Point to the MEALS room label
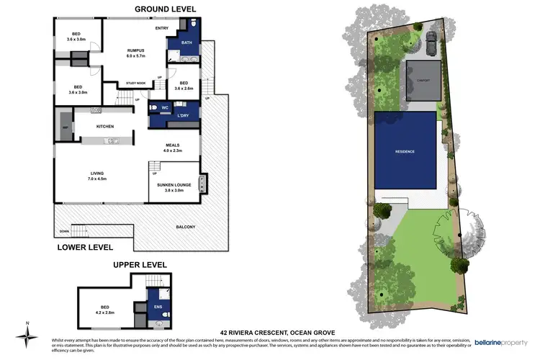[x=173, y=147]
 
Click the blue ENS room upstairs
[x=157, y=307]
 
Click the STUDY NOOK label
[x=135, y=84]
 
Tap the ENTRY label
[x=161, y=28]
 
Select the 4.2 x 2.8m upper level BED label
[x=105, y=310]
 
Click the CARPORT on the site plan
[x=422, y=80]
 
